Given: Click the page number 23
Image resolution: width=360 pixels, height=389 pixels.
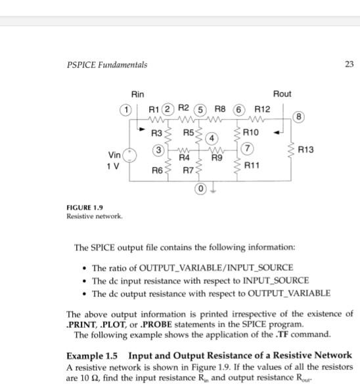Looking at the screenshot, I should tap(348, 64).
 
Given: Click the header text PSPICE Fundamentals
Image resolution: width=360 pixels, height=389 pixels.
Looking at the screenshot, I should tap(107, 64).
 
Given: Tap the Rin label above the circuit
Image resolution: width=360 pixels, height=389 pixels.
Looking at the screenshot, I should tap(138, 95).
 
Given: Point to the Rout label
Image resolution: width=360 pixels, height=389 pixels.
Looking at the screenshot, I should tap(282, 95).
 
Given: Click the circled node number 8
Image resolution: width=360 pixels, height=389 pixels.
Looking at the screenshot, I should tap(300, 118).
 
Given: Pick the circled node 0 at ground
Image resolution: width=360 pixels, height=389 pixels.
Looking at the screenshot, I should tap(200, 190).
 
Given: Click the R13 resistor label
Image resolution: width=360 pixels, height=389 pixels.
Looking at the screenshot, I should tap(307, 150).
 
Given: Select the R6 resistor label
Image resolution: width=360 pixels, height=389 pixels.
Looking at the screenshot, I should tap(157, 170).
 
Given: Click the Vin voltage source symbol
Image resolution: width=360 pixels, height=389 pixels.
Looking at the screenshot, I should tap(131, 154).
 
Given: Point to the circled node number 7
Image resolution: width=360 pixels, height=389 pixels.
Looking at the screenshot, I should tap(248, 149).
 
